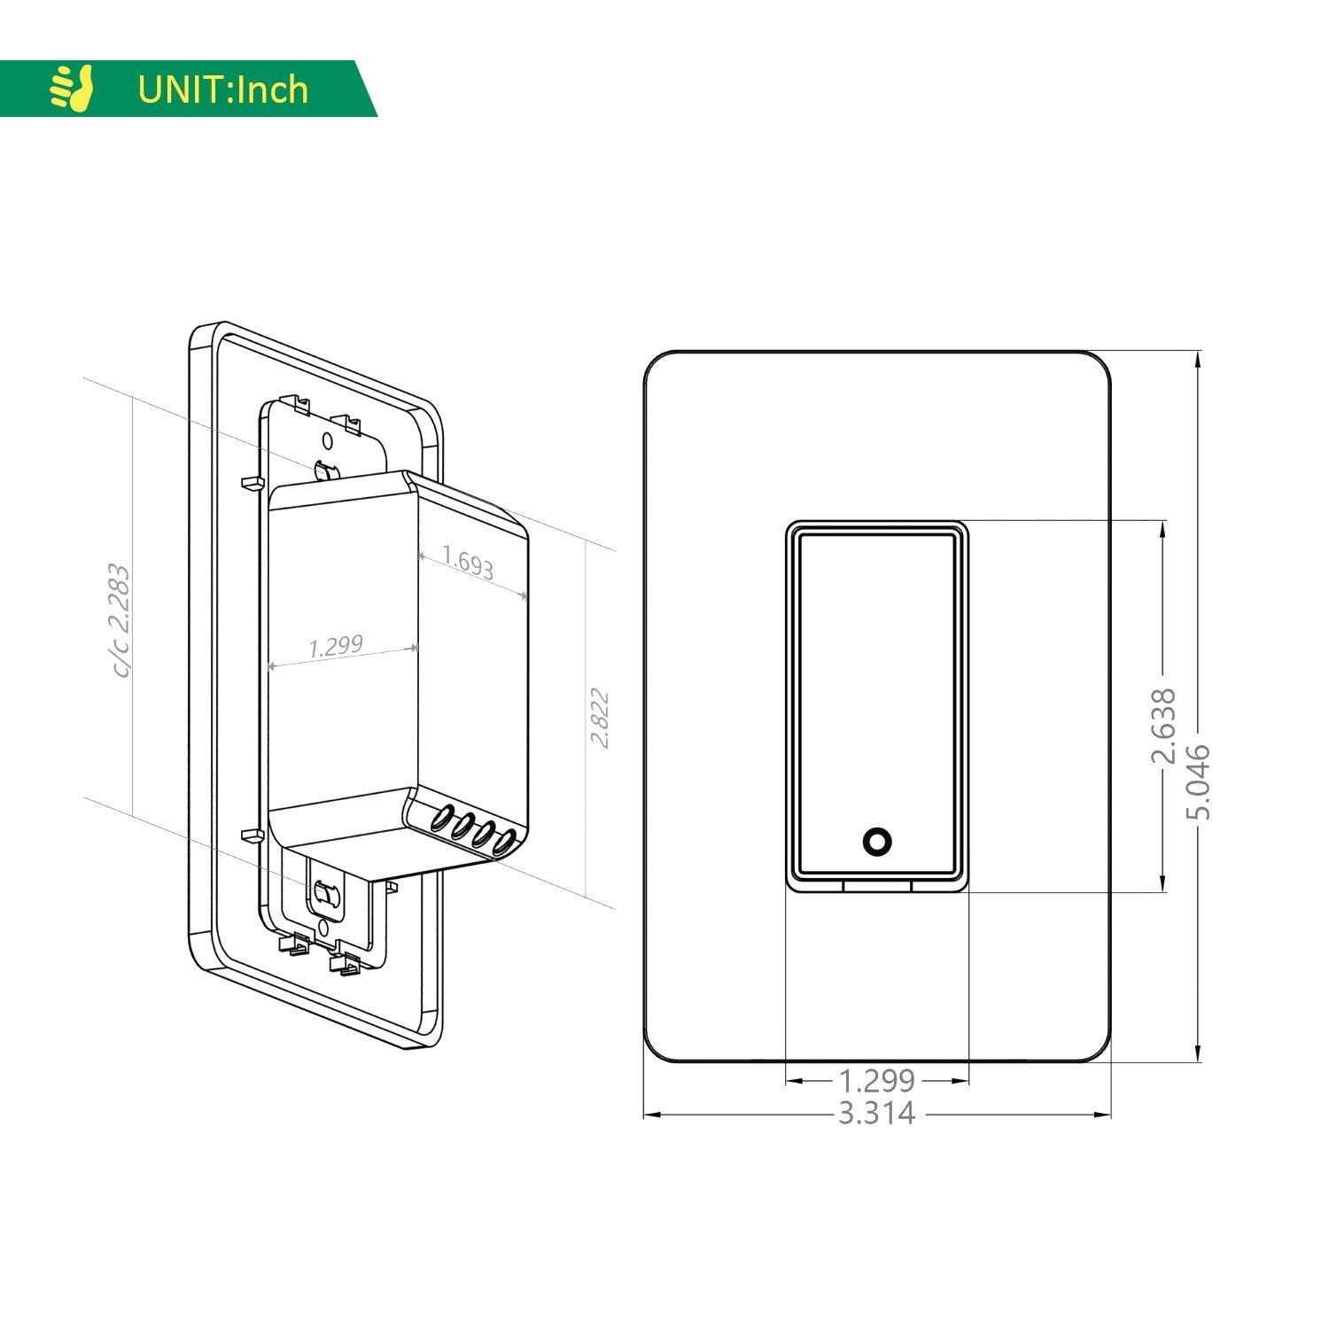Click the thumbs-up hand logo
[72, 89]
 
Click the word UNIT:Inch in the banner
[222, 89]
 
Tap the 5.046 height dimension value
[1198, 781]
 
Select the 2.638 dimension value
[1162, 725]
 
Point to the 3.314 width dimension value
[876, 1114]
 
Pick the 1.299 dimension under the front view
[876, 1081]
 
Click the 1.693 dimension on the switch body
[468, 562]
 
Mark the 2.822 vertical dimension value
[600, 718]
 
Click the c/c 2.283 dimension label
[120, 620]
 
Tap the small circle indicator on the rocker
[876, 842]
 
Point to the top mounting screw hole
[327, 440]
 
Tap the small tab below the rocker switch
[876, 885]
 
